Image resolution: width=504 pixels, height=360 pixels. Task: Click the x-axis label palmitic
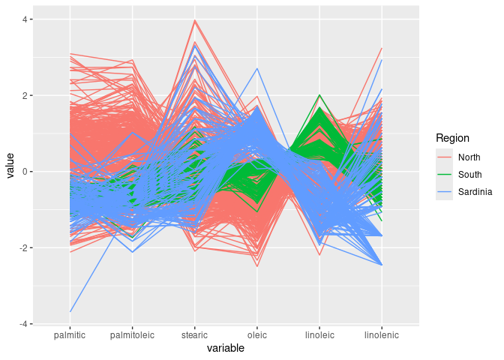coord(70,335)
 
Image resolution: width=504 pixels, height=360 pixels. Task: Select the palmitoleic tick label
coord(132,335)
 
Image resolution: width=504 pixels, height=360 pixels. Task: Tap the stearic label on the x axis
coord(194,335)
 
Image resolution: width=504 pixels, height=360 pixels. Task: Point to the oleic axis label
coord(256,335)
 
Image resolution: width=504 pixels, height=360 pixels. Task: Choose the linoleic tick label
coord(319,335)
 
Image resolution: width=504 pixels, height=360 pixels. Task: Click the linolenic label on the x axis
coord(382,335)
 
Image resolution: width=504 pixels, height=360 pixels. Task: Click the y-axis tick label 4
coord(27,19)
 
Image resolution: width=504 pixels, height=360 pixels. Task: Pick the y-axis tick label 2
coord(27,96)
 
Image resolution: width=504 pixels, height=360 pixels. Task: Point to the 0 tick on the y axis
coord(27,172)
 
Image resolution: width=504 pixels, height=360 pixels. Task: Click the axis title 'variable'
coord(226,349)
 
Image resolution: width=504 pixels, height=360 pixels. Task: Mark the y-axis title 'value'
coord(10,172)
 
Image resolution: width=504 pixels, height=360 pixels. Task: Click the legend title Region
coord(452,138)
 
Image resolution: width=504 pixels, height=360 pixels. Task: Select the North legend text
coord(469,157)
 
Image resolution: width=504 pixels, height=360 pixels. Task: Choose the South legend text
coord(469,175)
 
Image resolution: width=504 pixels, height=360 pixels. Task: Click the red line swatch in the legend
coord(445,157)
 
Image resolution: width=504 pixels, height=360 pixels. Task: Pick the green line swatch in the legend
coord(445,175)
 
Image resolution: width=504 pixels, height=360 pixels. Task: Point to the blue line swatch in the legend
coord(445,193)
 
